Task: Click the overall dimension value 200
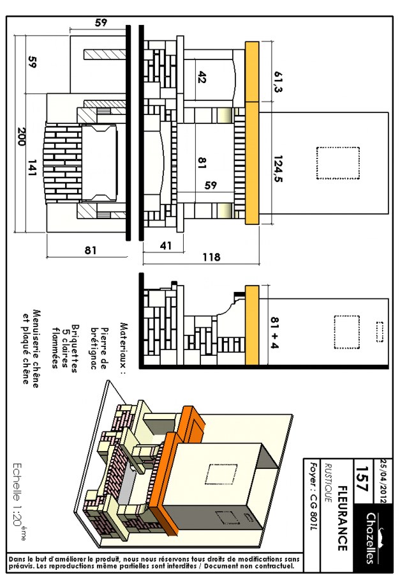point(21,137)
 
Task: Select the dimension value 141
point(33,167)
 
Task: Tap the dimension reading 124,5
point(278,169)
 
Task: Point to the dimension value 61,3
point(278,81)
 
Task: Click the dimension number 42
point(202,77)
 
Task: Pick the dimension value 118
point(212,257)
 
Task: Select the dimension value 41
point(166,246)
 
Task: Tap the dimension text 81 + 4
point(275,333)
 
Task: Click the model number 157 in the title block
point(361,479)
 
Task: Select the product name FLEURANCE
point(342,517)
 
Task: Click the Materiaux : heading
point(123,348)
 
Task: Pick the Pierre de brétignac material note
point(99,348)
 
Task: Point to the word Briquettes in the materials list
point(74,348)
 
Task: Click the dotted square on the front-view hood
point(338,163)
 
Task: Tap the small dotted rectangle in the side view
point(380,332)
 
